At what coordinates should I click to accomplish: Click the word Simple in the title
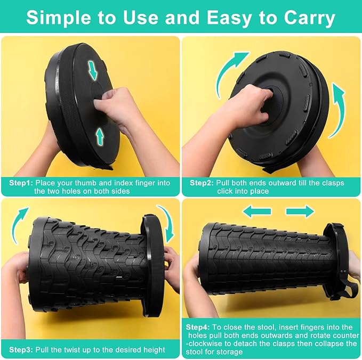coord(59,18)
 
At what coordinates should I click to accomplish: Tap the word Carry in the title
coord(309,18)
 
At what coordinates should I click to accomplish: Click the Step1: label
coord(21,183)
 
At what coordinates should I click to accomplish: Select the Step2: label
coord(202,183)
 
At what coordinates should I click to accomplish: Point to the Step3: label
coord(21,350)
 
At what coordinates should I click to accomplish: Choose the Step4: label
coord(198,327)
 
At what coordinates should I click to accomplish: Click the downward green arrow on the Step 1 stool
coord(93,71)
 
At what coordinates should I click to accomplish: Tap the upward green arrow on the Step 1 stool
coord(100,137)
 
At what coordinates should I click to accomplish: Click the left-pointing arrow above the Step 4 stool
coord(257,211)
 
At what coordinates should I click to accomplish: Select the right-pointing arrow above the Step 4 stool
coord(300,211)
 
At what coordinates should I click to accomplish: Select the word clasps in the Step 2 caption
coord(332,183)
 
